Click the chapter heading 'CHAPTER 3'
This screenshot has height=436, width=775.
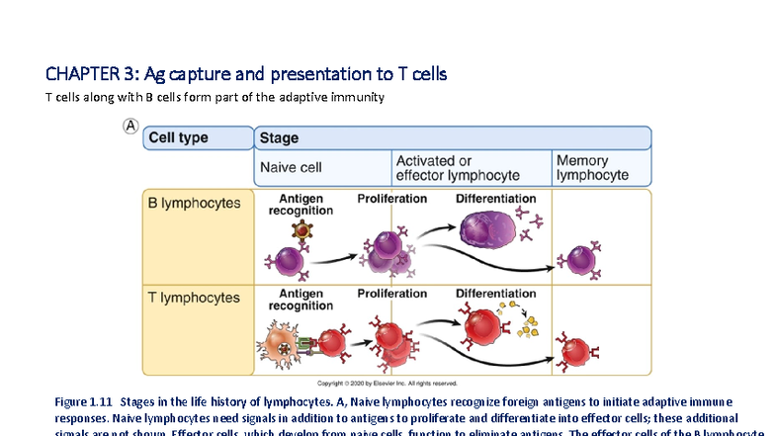pos(93,74)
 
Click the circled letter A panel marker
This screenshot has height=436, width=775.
pos(130,127)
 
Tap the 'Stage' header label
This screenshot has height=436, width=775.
pos(279,138)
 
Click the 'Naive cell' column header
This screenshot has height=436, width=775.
pos(291,167)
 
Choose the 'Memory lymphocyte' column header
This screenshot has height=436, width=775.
pos(592,167)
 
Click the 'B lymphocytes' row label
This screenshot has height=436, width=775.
pos(194,203)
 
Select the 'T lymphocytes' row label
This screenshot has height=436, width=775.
pos(194,297)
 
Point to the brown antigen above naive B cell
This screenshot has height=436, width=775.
pos(294,231)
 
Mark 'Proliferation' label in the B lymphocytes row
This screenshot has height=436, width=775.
pos(391,199)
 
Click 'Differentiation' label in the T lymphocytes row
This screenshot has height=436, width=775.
pos(495,294)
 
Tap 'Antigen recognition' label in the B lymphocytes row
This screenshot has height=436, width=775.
pos(301,205)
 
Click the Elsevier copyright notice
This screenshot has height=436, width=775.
pos(386,383)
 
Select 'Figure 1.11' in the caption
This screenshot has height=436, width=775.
pos(86,401)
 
